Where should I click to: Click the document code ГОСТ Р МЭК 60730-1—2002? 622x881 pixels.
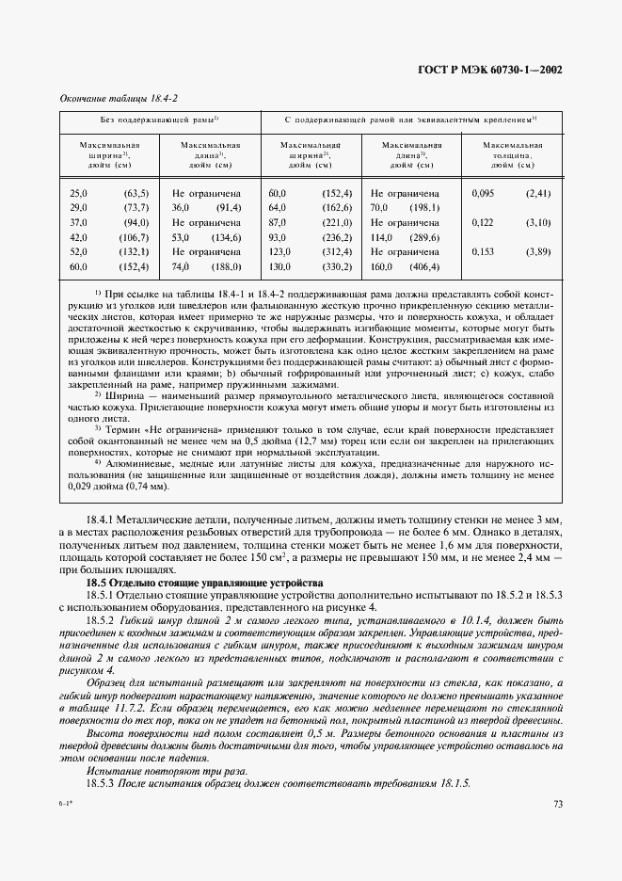(496, 69)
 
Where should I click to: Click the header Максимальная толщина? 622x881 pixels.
(512, 154)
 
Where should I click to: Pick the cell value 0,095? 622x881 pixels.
(483, 193)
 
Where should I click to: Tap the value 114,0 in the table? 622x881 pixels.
(380, 237)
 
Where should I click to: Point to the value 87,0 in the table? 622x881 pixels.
(277, 222)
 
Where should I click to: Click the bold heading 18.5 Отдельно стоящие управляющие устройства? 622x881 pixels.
(204, 583)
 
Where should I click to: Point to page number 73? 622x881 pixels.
(557, 804)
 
